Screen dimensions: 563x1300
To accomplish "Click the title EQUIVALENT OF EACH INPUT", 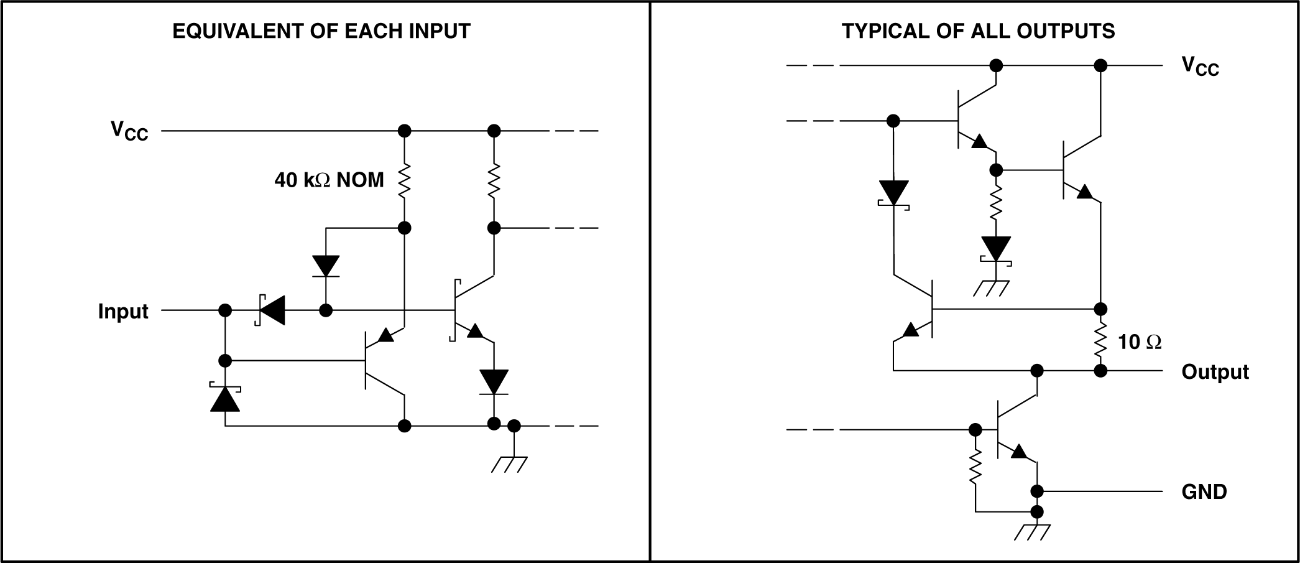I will click(x=321, y=31).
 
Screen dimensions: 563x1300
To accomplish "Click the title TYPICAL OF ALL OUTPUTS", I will click(x=978, y=31).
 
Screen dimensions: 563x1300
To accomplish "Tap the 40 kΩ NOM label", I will click(x=329, y=180).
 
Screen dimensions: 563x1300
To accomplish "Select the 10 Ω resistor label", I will click(x=1139, y=342).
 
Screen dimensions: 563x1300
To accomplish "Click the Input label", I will click(x=123, y=311).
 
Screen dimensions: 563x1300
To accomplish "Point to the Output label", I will click(x=1215, y=372).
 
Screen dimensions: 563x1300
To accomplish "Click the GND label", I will click(x=1204, y=491).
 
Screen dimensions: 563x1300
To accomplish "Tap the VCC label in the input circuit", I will click(x=129, y=131).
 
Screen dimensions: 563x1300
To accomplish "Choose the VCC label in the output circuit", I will click(x=1200, y=66).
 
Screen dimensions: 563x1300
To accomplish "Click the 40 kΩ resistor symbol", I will click(x=405, y=180).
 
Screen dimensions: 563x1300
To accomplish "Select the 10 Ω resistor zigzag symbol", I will click(x=1100, y=340).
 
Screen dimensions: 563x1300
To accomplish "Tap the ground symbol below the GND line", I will click(x=1032, y=532).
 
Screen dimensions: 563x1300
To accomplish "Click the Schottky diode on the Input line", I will click(x=271, y=310).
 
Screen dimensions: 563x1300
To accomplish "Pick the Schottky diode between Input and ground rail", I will click(x=225, y=398).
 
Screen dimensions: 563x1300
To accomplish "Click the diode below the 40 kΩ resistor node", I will click(x=326, y=266).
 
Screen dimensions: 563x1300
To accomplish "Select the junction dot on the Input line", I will click(x=225, y=310).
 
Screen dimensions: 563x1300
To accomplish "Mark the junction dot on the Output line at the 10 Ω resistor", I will click(x=1100, y=371).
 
